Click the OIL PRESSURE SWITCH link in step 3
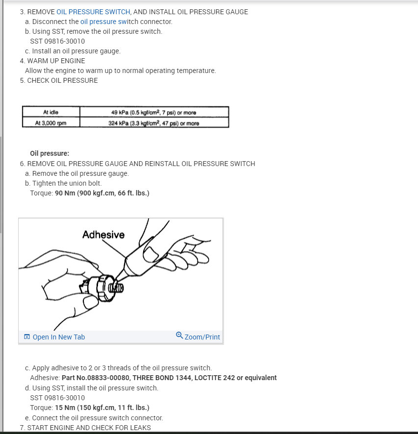pyautogui.click(x=93, y=12)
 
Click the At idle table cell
pyautogui.click(x=50, y=112)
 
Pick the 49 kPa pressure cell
pyautogui.click(x=154, y=112)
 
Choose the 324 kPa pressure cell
pyautogui.click(x=154, y=123)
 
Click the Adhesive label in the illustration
pyautogui.click(x=103, y=235)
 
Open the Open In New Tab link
pyautogui.click(x=58, y=337)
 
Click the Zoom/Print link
pyautogui.click(x=202, y=337)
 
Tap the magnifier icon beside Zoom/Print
pyautogui.click(x=179, y=336)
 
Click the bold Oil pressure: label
pyautogui.click(x=49, y=153)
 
